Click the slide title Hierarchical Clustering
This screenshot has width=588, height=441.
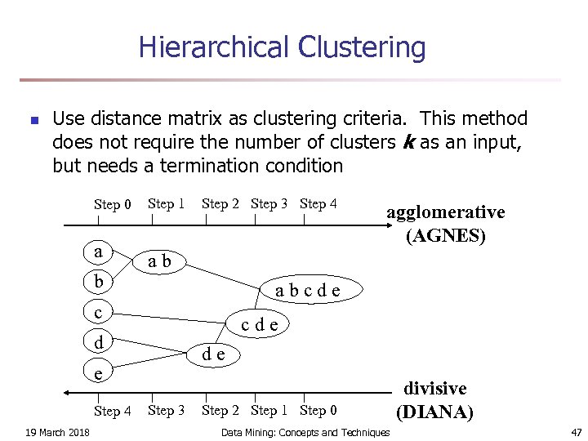(282, 47)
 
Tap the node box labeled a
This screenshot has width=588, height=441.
(98, 252)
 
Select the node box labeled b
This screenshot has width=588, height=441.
(98, 282)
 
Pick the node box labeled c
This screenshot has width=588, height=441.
(98, 312)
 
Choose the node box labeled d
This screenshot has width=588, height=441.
(98, 342)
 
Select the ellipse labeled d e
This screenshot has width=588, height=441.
(214, 354)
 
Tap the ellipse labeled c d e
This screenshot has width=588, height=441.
(260, 324)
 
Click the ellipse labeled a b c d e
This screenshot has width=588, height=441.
(307, 289)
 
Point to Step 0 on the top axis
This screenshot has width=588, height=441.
(113, 204)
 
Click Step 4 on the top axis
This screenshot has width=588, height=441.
(318, 203)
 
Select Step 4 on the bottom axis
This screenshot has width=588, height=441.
(113, 411)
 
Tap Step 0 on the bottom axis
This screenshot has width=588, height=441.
(318, 410)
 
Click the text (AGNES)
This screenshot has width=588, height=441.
(446, 236)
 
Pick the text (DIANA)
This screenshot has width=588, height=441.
(434, 412)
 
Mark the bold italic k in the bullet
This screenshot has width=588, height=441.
(408, 142)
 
